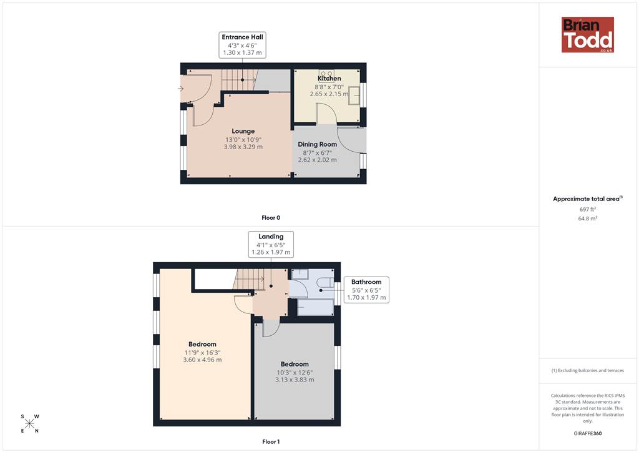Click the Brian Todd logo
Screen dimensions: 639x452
point(588,34)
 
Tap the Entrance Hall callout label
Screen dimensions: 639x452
point(243,45)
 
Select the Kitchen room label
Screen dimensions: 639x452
point(329,78)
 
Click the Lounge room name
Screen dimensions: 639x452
point(243,131)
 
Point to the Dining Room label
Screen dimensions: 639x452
point(318,144)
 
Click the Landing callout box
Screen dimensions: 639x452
point(271,244)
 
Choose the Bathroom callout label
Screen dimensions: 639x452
point(366,290)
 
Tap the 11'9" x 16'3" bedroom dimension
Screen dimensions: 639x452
point(203,353)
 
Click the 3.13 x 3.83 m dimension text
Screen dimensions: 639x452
point(295,380)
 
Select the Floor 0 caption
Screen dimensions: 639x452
point(271,218)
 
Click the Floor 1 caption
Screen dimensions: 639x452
point(271,442)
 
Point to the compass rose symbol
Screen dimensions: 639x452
point(30,423)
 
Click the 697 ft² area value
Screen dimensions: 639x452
point(588,209)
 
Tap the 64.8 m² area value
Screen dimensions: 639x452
point(588,219)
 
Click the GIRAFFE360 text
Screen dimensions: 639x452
point(588,433)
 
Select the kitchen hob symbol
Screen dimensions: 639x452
point(326,74)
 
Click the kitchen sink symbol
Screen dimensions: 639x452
point(354,96)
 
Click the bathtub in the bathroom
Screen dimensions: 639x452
point(316,307)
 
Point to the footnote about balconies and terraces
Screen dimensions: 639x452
point(588,370)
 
